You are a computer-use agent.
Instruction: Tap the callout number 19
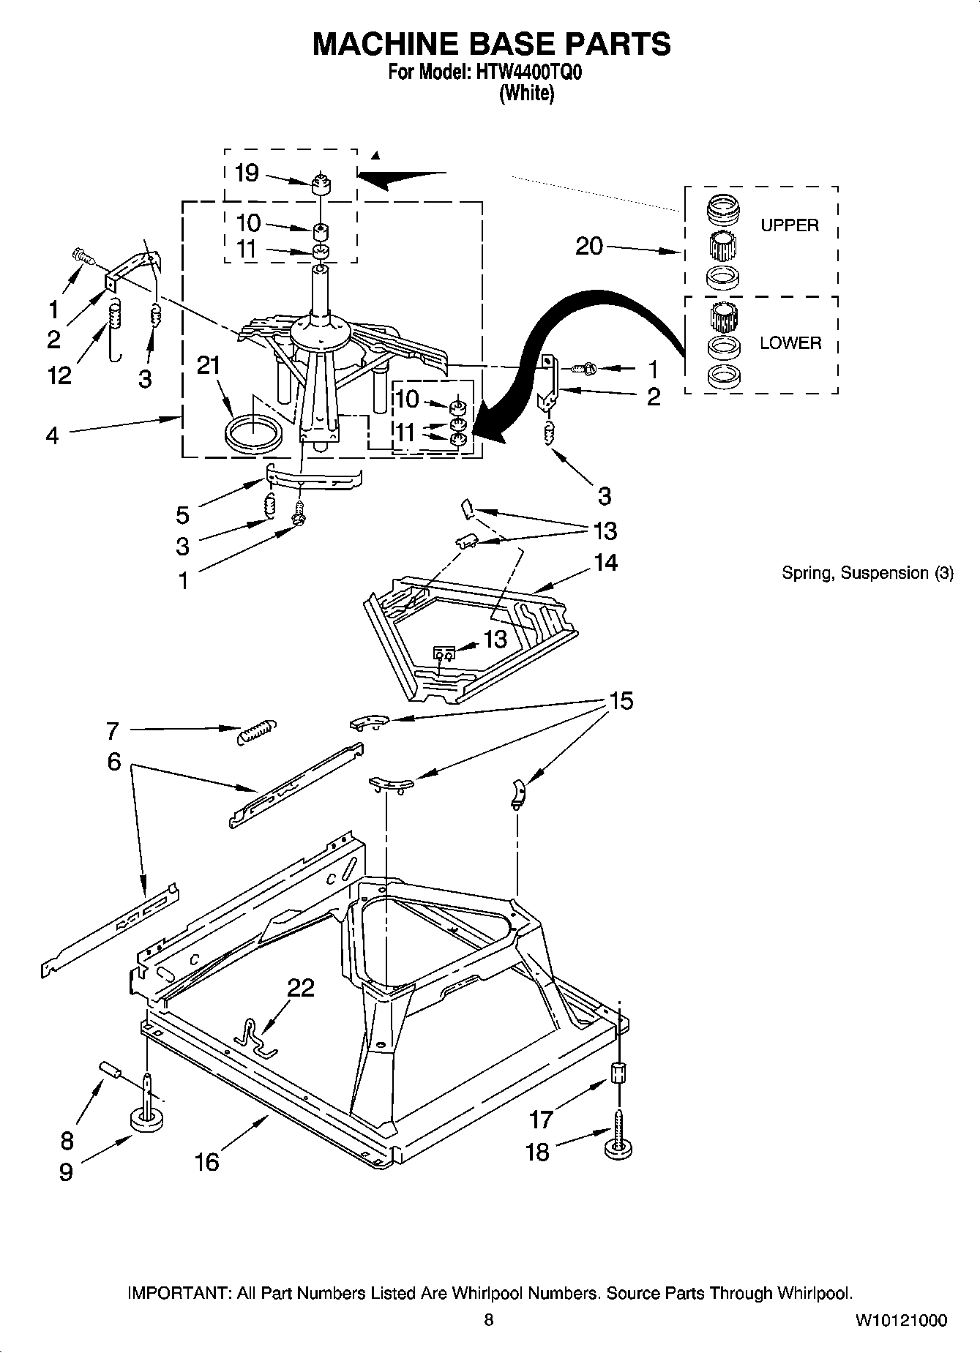(x=247, y=173)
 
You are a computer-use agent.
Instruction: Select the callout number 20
(x=589, y=246)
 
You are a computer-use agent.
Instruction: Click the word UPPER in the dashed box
(x=789, y=225)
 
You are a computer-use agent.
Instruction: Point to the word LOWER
(x=790, y=342)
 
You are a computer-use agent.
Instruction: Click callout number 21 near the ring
(x=209, y=365)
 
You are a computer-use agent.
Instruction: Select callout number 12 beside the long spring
(x=59, y=375)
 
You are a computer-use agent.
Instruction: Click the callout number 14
(x=605, y=562)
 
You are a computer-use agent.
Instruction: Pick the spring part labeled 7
(x=257, y=731)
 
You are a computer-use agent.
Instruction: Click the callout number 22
(x=300, y=988)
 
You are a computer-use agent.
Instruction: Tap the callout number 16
(x=207, y=1161)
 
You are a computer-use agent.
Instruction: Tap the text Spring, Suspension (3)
(x=867, y=573)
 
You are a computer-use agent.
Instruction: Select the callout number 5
(x=182, y=514)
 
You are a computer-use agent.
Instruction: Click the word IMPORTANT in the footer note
(x=179, y=1293)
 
